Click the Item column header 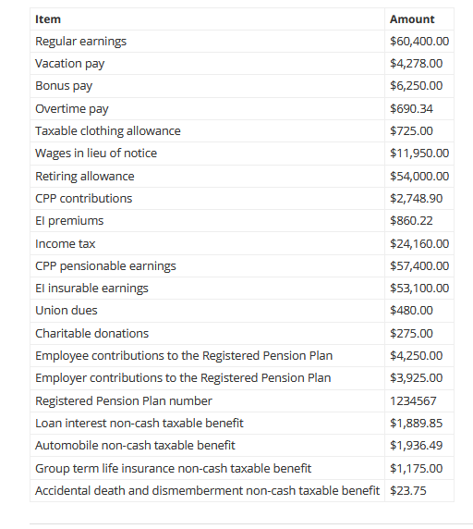[48, 18]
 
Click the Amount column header [412, 18]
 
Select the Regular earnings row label [80, 42]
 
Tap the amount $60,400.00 [419, 42]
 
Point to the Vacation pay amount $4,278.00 [416, 64]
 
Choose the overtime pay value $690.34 [411, 109]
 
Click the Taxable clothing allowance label [107, 131]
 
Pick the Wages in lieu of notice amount [419, 154]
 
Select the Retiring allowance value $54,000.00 [419, 177]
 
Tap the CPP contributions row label [83, 199]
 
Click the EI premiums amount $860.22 [411, 221]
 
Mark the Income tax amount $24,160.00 [419, 244]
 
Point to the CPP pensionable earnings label [105, 266]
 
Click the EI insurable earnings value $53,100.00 [419, 289]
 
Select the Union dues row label [66, 311]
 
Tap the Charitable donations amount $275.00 [411, 334]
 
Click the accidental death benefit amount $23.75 [407, 490]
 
